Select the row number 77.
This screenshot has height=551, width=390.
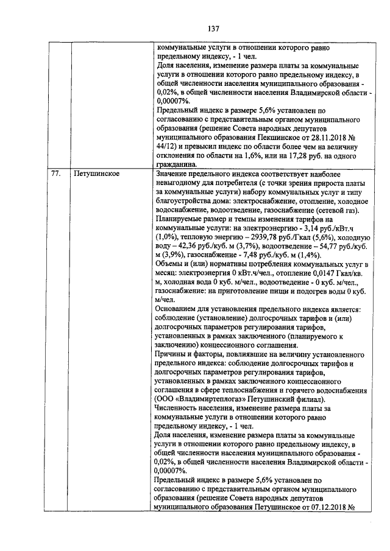(x=55, y=174)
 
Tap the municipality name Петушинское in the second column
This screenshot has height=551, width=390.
(x=96, y=174)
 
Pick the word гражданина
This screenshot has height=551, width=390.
(x=177, y=164)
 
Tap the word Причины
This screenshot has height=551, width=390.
(x=174, y=354)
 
